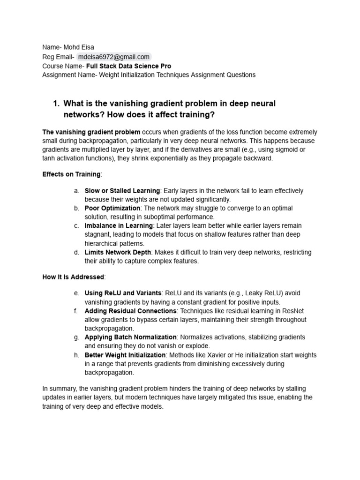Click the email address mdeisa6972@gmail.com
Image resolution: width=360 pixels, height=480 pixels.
(114, 57)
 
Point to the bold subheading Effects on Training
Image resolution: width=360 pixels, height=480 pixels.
(71, 174)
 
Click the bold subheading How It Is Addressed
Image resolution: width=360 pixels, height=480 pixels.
(74, 277)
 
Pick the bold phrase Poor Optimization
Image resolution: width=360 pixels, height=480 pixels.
(112, 208)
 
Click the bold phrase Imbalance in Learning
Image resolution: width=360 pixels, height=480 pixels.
(119, 226)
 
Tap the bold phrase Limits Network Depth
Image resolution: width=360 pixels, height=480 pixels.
(118, 252)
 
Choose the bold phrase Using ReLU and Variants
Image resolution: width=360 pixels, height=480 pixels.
(123, 293)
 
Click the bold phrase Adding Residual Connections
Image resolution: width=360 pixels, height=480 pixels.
(130, 311)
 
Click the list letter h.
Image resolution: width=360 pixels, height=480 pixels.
(76, 355)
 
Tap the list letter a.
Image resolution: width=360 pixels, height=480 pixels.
(76, 191)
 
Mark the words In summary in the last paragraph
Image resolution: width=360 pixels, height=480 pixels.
(58, 389)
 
